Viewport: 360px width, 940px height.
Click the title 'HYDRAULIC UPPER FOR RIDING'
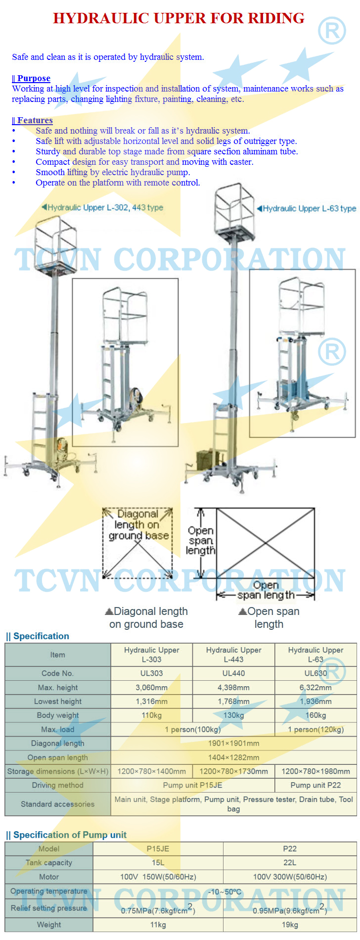(179, 18)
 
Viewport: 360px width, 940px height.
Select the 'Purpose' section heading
(31, 78)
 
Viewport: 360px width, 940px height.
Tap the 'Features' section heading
(32, 120)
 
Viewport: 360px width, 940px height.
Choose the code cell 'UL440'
(233, 673)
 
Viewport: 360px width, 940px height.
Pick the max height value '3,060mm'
(152, 688)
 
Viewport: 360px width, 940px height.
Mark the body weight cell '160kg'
(315, 715)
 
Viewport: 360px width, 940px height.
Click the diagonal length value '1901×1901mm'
(233, 743)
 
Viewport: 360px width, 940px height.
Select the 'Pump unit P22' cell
(315, 785)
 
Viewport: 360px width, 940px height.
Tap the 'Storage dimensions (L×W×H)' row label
(58, 771)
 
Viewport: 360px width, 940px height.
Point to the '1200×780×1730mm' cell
(233, 771)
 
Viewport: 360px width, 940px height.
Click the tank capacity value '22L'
(290, 862)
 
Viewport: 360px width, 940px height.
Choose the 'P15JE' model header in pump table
(158, 848)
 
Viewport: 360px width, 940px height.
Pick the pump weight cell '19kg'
(290, 925)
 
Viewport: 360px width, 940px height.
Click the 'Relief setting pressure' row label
(49, 908)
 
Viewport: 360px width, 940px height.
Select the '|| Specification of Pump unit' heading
(66, 835)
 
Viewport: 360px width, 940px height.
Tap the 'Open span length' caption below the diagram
(269, 617)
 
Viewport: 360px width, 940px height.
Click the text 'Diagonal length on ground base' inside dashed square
(138, 525)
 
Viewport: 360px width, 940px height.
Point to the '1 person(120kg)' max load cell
(315, 729)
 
